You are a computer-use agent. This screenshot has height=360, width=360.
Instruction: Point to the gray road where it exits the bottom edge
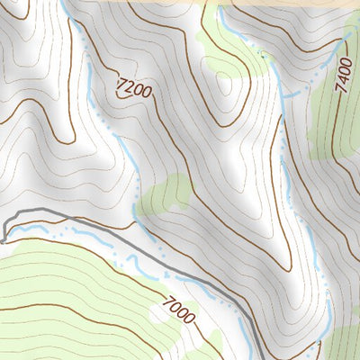[x=261, y=356]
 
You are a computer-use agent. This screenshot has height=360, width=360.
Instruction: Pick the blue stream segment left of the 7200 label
[x=90, y=72]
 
